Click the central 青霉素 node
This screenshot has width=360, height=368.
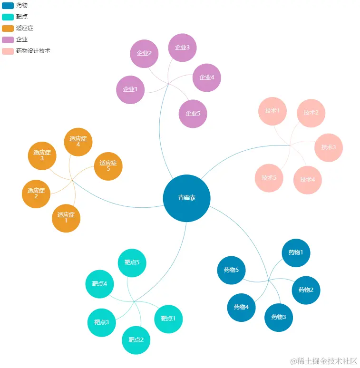tap(186, 198)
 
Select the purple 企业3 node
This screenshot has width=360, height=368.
tap(182, 48)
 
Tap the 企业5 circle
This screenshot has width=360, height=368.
tap(193, 114)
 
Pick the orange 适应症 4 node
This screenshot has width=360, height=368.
tap(78, 142)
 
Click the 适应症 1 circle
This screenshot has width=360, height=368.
tap(66, 218)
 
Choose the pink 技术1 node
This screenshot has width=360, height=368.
tap(272, 111)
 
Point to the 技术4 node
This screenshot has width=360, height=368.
tap(307, 180)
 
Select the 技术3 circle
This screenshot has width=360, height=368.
tap(328, 147)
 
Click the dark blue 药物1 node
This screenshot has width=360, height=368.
tap(296, 252)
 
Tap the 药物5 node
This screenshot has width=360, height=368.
tap(231, 270)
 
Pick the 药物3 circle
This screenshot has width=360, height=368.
tap(278, 317)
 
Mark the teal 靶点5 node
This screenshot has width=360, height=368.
tap(132, 262)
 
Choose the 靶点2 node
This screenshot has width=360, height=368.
tap(136, 340)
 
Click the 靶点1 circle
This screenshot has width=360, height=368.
tap(168, 319)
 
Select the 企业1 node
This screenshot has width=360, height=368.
tap(130, 89)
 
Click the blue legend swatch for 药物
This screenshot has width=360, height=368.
tap(8, 5)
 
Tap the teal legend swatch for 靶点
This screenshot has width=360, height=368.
tap(8, 17)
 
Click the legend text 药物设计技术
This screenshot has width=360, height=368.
tap(33, 51)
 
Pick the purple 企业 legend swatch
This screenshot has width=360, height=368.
tap(8, 39)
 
